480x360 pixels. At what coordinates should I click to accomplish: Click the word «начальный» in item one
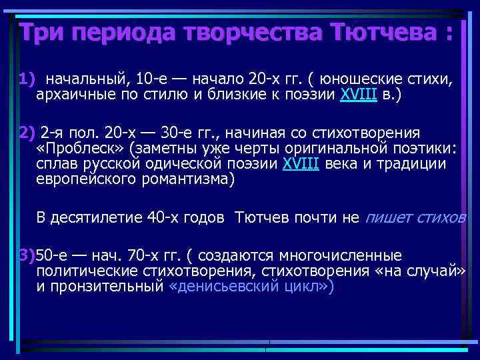(84, 81)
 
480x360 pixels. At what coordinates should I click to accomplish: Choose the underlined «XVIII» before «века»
(301, 164)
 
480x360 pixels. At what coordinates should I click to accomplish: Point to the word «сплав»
(57, 164)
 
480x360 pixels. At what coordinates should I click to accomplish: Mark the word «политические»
(87, 271)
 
